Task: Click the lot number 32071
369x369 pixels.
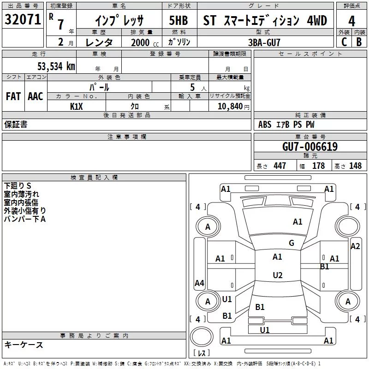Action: pos(23,19)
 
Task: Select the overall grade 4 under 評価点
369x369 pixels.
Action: pos(351,21)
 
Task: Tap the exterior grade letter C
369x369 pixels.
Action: pos(344,42)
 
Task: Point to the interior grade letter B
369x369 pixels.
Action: pos(359,42)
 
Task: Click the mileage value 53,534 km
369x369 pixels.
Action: pos(56,66)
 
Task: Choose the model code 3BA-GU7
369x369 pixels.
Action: pos(264,42)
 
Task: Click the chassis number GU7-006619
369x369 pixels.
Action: pos(310,147)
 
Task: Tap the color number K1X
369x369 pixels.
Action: pos(77,107)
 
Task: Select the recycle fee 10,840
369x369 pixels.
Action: pos(230,106)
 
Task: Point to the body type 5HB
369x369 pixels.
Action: pos(179,20)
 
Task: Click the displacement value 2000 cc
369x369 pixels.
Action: pos(145,42)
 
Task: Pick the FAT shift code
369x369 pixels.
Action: pos(13,96)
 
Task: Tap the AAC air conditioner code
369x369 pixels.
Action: pos(36,96)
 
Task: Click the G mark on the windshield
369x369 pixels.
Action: pos(292,243)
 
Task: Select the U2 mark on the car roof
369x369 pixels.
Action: pos(278,275)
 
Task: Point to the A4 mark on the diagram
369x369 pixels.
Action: pos(199,283)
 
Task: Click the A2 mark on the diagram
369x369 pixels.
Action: pos(355,246)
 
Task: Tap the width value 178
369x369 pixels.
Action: pos(318,166)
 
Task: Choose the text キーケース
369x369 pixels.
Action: pos(24,345)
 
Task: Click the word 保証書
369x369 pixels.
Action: pos(16,124)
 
